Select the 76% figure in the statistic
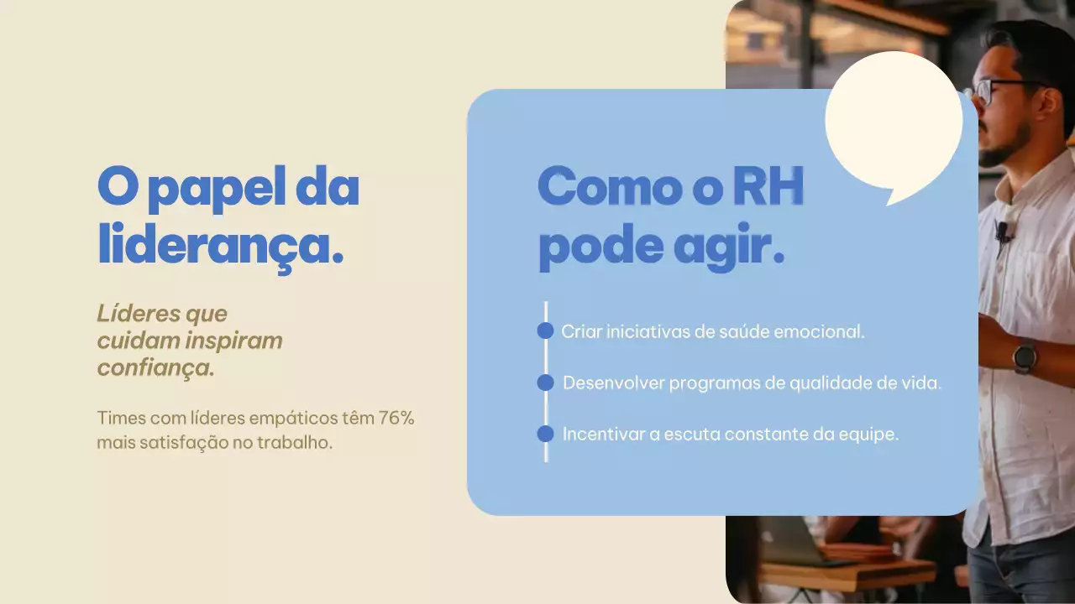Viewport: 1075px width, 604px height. tap(396, 418)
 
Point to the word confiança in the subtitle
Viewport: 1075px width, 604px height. tap(155, 368)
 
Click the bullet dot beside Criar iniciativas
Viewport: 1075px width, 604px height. tap(545, 331)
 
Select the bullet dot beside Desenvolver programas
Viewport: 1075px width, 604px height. tap(545, 383)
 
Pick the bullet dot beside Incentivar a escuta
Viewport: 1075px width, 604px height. tap(545, 434)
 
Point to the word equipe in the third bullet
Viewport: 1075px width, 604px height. tap(871, 435)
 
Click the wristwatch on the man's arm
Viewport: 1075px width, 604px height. tap(1025, 357)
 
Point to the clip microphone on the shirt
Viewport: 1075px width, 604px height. tap(1002, 231)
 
